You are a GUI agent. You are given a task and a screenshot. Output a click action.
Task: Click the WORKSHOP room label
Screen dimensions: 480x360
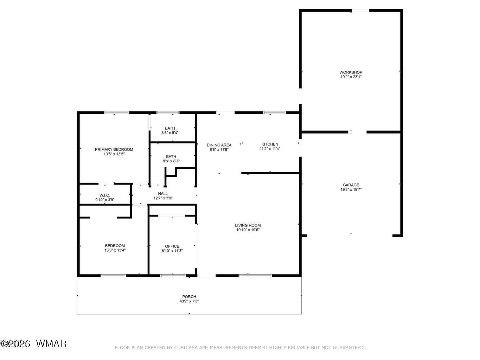click(351, 72)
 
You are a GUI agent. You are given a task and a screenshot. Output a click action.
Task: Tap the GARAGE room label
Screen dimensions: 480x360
click(351, 185)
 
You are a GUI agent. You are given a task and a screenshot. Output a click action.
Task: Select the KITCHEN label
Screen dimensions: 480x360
click(270, 144)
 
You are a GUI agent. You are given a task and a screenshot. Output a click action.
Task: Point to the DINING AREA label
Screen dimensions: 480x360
click(219, 145)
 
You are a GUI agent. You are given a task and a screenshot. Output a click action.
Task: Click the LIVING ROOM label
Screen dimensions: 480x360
click(248, 225)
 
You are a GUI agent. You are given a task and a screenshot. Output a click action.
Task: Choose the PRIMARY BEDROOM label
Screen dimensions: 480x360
click(114, 149)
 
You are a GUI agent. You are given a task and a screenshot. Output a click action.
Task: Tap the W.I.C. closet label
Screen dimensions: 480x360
click(104, 195)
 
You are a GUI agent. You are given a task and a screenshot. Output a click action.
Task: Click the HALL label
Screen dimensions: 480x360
click(163, 194)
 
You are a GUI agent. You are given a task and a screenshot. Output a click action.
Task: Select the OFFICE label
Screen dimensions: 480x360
click(172, 246)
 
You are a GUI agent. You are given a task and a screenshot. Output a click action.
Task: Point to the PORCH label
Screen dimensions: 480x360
click(189, 297)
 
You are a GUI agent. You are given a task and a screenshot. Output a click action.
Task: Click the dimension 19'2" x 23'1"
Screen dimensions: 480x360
click(351, 77)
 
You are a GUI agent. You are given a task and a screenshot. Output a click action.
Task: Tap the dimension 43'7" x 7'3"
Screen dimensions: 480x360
click(189, 301)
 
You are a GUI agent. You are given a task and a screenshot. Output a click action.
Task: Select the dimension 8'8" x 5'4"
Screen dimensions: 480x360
click(170, 133)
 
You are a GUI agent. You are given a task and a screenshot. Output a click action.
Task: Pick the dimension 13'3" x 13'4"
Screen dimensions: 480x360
click(115, 250)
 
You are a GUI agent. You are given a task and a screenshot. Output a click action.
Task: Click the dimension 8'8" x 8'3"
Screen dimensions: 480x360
click(171, 161)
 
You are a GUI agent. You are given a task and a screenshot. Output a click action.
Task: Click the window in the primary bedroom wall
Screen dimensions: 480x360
click(116, 113)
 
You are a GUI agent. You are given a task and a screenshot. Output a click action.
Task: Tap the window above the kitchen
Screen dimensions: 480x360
click(274, 113)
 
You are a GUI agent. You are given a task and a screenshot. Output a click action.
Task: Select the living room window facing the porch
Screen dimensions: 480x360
click(255, 276)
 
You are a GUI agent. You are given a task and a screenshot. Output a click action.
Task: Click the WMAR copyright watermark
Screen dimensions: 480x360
click(33, 344)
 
